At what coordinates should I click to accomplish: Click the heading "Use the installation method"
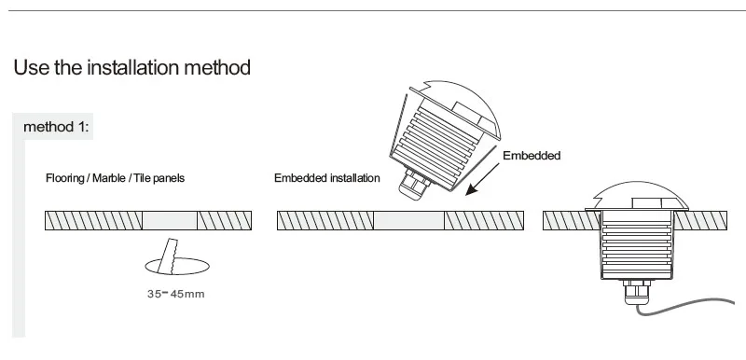tap(131, 67)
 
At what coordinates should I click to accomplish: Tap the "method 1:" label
tap(56, 127)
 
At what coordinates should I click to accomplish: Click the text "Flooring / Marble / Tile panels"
tap(115, 178)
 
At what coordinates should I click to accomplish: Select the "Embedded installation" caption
tap(327, 178)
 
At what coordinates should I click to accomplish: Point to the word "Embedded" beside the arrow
tap(532, 156)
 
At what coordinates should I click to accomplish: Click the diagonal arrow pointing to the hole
tap(482, 179)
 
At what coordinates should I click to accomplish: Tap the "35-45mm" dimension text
tap(176, 294)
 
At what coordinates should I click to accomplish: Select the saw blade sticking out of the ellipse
tap(168, 256)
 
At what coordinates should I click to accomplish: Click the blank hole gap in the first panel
tap(170, 221)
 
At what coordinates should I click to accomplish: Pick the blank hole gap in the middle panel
tap(408, 221)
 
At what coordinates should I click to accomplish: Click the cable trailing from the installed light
tap(685, 305)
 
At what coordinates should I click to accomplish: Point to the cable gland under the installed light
tap(637, 292)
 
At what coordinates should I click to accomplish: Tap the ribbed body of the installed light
tap(637, 247)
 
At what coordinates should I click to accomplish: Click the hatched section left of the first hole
tap(94, 221)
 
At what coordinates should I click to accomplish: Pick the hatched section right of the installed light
tap(700, 221)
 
